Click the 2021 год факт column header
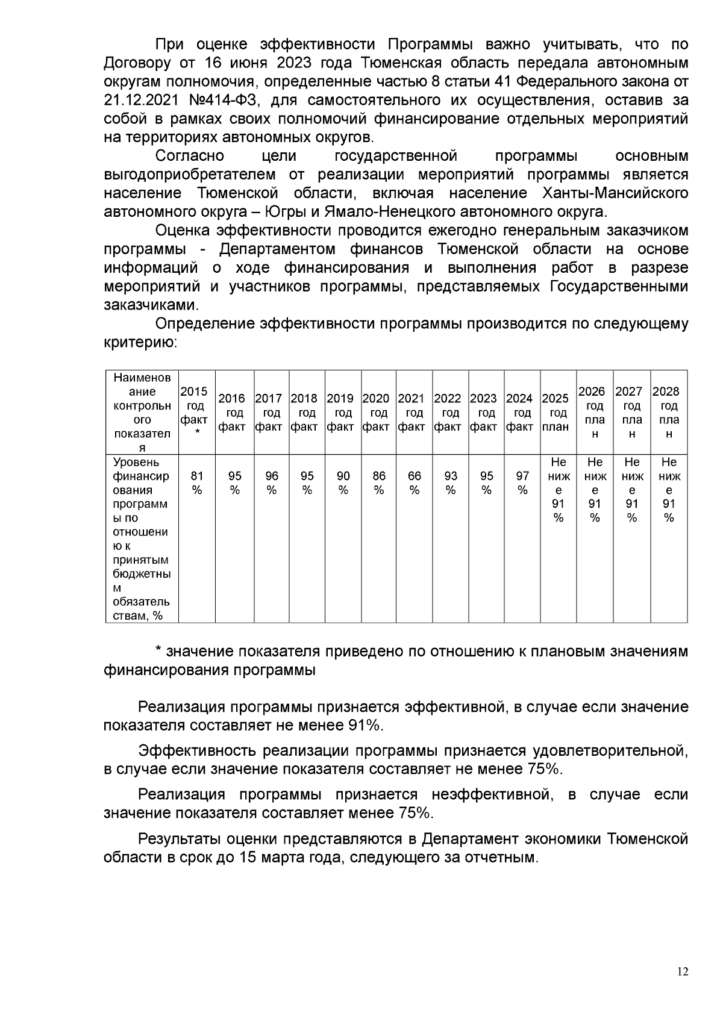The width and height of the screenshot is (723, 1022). pos(414,413)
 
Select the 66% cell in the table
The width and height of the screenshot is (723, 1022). pos(414,483)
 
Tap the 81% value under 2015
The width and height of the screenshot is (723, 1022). pos(197,483)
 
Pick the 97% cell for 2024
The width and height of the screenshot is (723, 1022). pos(522,483)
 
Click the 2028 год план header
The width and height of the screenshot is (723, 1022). pos(669,413)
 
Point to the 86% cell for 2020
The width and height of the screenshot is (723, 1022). pos(379,483)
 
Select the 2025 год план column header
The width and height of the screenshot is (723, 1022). pos(558,413)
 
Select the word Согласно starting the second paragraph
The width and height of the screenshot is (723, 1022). pos(190,157)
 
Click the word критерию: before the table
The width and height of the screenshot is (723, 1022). pos(140,343)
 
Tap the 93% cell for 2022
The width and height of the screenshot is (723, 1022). pos(450,483)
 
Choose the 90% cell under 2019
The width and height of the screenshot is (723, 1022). pos(343,483)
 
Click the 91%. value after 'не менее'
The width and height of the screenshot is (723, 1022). pos(366,726)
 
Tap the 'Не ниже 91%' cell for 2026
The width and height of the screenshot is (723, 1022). pos(595,490)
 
